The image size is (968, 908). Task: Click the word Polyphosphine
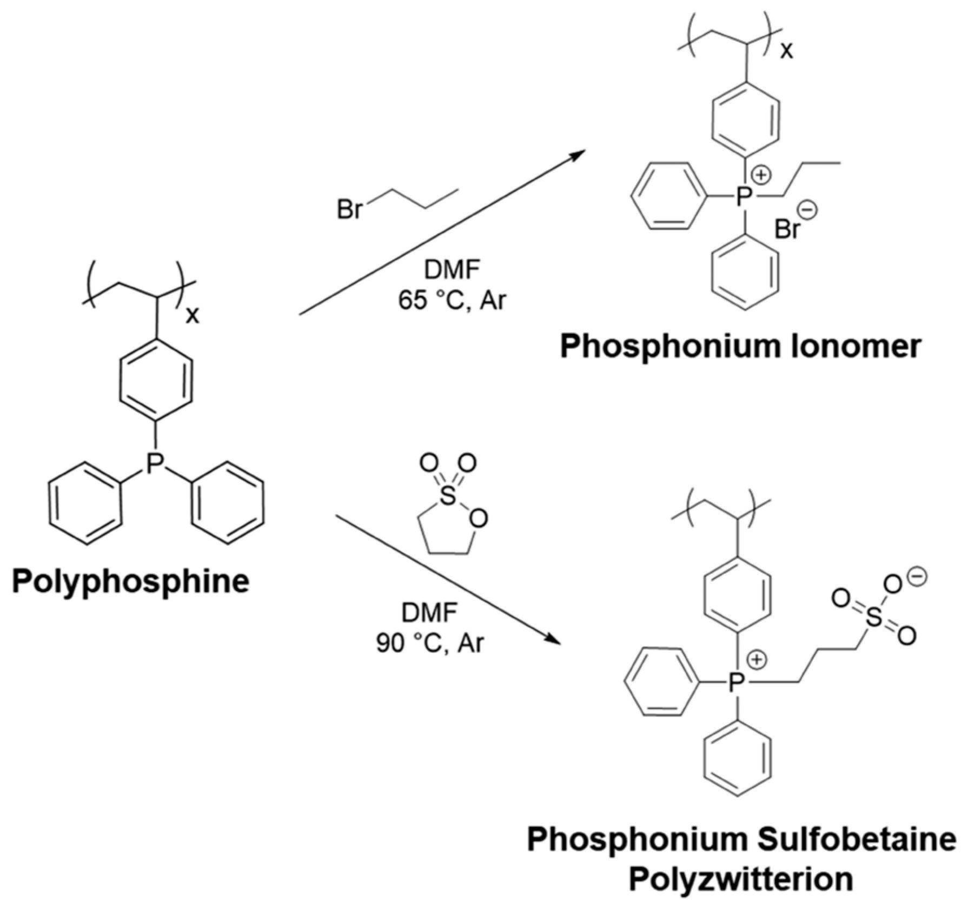tap(130, 581)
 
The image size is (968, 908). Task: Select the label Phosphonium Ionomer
tap(740, 347)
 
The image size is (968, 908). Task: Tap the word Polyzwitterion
tap(740, 879)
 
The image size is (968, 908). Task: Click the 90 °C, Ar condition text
tap(430, 644)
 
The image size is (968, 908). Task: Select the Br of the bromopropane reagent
tap(349, 209)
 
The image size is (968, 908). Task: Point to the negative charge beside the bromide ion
tap(809, 209)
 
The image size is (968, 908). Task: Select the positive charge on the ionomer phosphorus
tap(763, 175)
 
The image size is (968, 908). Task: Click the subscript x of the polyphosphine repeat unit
tap(192, 315)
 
